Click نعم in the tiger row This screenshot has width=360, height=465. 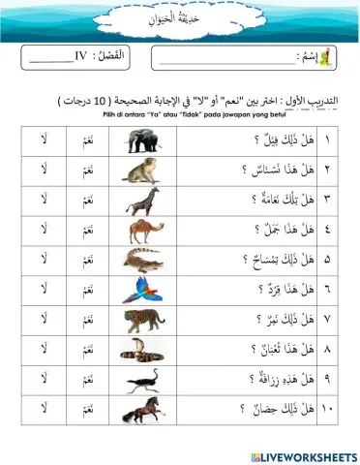(88, 318)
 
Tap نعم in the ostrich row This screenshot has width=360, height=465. (88, 376)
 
